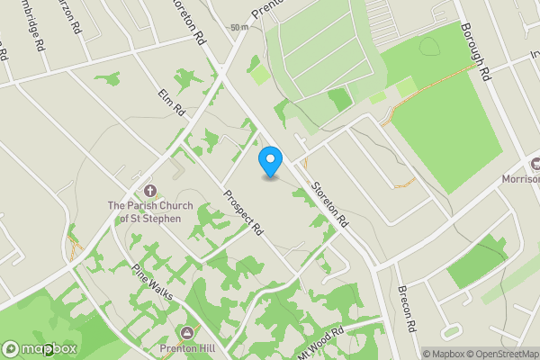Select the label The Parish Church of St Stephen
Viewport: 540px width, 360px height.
pos(150,211)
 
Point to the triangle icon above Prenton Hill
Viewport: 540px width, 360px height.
pos(187,332)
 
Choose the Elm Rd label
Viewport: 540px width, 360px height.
pos(171,103)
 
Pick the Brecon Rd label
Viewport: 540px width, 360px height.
pos(406,308)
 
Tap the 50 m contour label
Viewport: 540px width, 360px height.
pos(238,28)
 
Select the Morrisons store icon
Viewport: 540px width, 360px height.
pos(535,165)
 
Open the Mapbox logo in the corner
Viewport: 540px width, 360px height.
pos(40,348)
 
